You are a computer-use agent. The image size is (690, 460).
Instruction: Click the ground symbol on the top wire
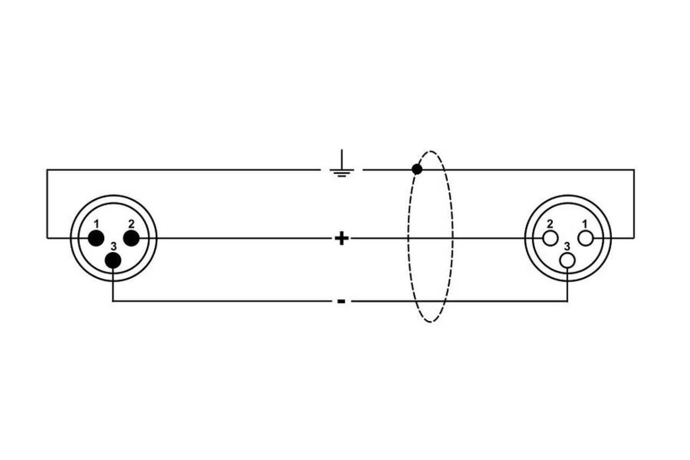point(342,166)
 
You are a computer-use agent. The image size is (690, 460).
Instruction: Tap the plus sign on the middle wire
point(342,238)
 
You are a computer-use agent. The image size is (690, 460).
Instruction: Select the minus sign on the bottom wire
point(341,301)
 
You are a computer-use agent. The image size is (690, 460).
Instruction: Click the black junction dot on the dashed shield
point(417,170)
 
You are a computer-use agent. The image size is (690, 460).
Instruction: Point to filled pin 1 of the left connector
point(96,237)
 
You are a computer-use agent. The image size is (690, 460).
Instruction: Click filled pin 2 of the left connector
point(132,237)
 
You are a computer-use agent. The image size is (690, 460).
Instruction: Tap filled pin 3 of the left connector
point(113,260)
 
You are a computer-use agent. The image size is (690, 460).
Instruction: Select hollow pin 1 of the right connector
point(585,237)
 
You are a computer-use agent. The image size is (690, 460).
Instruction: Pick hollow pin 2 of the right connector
point(550,237)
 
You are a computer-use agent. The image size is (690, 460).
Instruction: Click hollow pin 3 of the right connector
point(568,260)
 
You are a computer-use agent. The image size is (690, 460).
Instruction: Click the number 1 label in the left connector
point(97,223)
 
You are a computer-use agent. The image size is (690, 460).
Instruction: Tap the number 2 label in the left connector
point(132,223)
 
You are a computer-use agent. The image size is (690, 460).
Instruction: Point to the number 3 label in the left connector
point(113,246)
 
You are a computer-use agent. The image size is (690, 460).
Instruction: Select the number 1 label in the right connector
point(585,223)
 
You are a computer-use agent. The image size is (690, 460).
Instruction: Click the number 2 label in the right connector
point(550,223)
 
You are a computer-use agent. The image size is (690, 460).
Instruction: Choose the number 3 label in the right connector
point(568,246)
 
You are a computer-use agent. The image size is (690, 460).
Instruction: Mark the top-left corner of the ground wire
point(47,170)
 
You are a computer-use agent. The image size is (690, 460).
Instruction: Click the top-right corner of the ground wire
point(634,170)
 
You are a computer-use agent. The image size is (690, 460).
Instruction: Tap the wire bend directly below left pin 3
point(113,301)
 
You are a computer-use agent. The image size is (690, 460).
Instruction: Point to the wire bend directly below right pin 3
point(568,301)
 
